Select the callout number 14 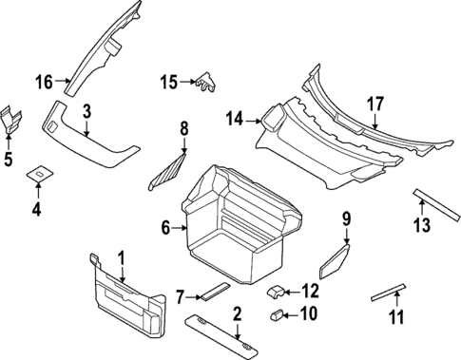(235, 119)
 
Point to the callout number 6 (166, 228)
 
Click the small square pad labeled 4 (39, 174)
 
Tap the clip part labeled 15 (205, 85)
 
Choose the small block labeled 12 (275, 290)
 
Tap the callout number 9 (346, 219)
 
